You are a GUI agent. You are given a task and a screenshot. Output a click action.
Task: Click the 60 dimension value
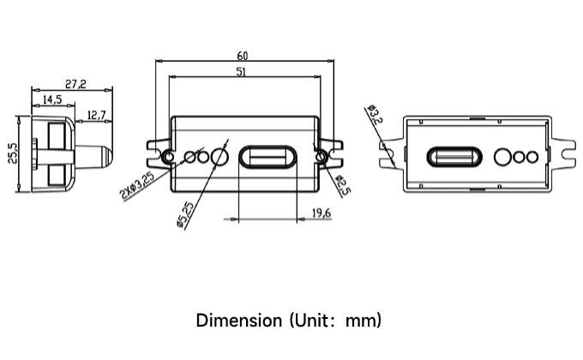(242, 56)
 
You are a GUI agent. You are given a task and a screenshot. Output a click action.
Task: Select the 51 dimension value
(241, 71)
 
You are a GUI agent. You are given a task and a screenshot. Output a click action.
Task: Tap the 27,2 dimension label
(75, 84)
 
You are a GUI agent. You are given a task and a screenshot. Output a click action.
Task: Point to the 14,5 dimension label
(52, 99)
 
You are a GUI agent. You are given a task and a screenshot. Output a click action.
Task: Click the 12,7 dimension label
(96, 116)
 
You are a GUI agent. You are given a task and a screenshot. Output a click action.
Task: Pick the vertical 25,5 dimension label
(13, 153)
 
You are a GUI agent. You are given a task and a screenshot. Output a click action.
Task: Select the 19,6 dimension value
(322, 213)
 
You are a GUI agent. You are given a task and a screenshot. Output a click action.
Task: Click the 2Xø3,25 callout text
(137, 185)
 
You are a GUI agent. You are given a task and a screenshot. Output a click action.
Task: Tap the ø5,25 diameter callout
(185, 214)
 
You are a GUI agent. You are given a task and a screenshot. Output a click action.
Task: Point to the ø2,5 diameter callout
(343, 186)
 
